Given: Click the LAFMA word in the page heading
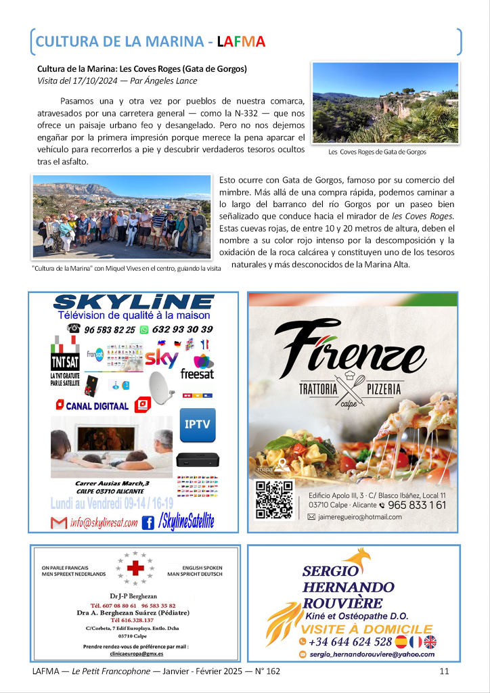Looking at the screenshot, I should [x=241, y=41].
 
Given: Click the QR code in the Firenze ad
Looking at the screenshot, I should [x=274, y=499].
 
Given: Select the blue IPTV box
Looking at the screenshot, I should [x=198, y=425].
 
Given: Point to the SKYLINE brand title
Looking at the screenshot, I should [x=134, y=303].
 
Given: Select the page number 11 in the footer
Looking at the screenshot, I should [x=445, y=671].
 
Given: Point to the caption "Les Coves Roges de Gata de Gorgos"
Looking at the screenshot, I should [x=377, y=152].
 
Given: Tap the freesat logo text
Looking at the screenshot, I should [x=197, y=374].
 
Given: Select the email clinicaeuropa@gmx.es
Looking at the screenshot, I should [x=135, y=654].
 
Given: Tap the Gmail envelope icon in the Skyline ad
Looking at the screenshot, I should [x=60, y=522].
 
